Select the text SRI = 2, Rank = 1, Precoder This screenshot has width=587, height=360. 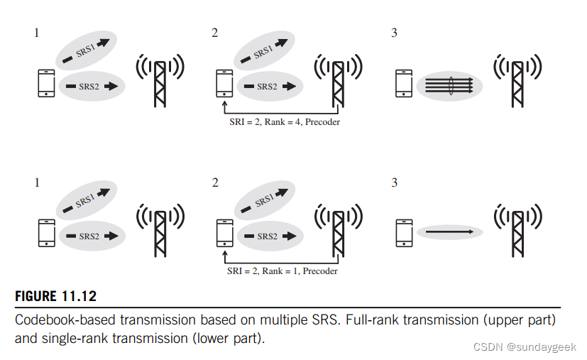[282, 271]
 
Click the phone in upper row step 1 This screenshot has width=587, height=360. [45, 83]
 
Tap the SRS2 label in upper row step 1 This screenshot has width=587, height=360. [89, 87]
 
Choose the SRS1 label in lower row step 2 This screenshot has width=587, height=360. [265, 201]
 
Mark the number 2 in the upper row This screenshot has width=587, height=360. [214, 33]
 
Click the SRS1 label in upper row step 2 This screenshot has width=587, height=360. [263, 52]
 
